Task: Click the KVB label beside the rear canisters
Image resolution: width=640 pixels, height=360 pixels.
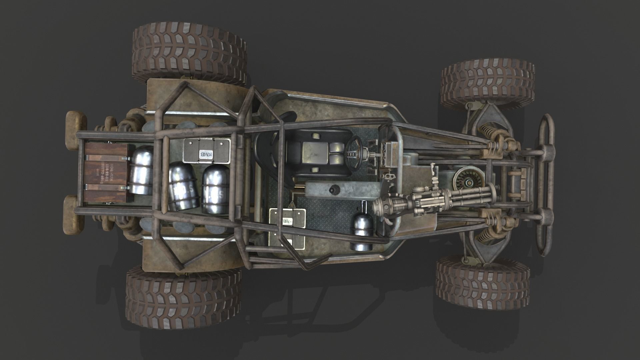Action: [204, 154]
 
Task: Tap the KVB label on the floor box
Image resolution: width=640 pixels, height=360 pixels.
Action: [287, 221]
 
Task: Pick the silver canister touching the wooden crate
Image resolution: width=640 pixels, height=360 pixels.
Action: [141, 170]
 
